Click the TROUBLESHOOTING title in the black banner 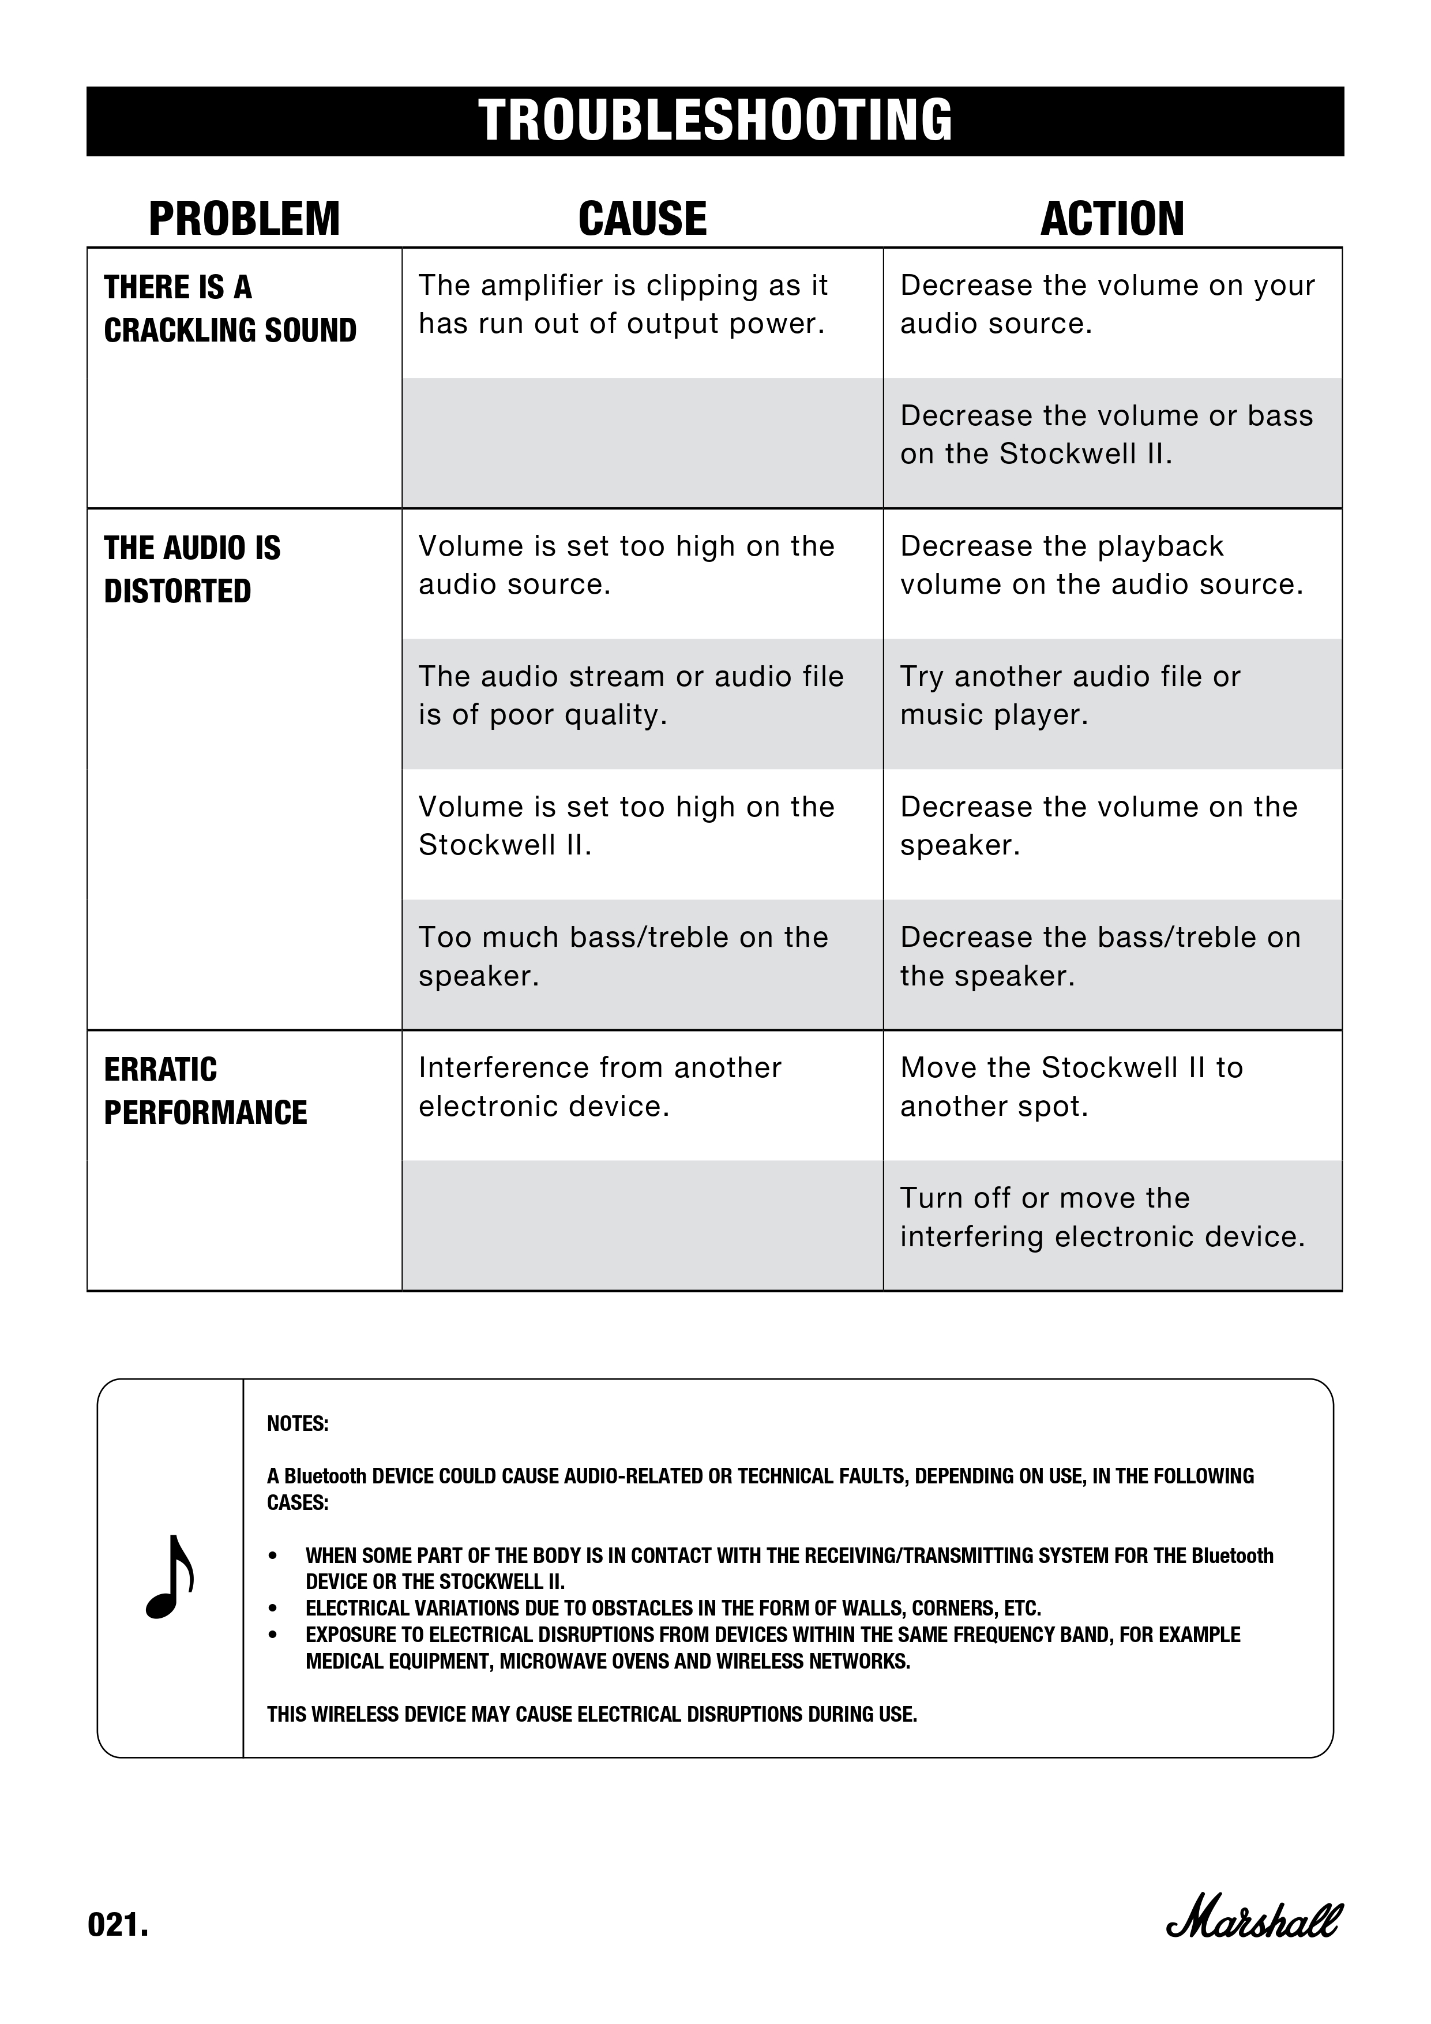point(715,121)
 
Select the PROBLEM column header point(244,219)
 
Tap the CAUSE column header point(643,219)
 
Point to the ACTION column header point(1112,219)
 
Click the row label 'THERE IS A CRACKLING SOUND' point(230,309)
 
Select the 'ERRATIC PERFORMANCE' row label point(205,1090)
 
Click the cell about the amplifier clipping point(623,304)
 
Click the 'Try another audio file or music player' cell point(1070,695)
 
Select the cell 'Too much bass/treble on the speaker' point(623,957)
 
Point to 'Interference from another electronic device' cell point(600,1087)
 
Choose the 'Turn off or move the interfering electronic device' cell point(1102,1217)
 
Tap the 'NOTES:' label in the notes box point(298,1424)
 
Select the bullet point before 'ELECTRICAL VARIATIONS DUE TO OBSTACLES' point(273,1608)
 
